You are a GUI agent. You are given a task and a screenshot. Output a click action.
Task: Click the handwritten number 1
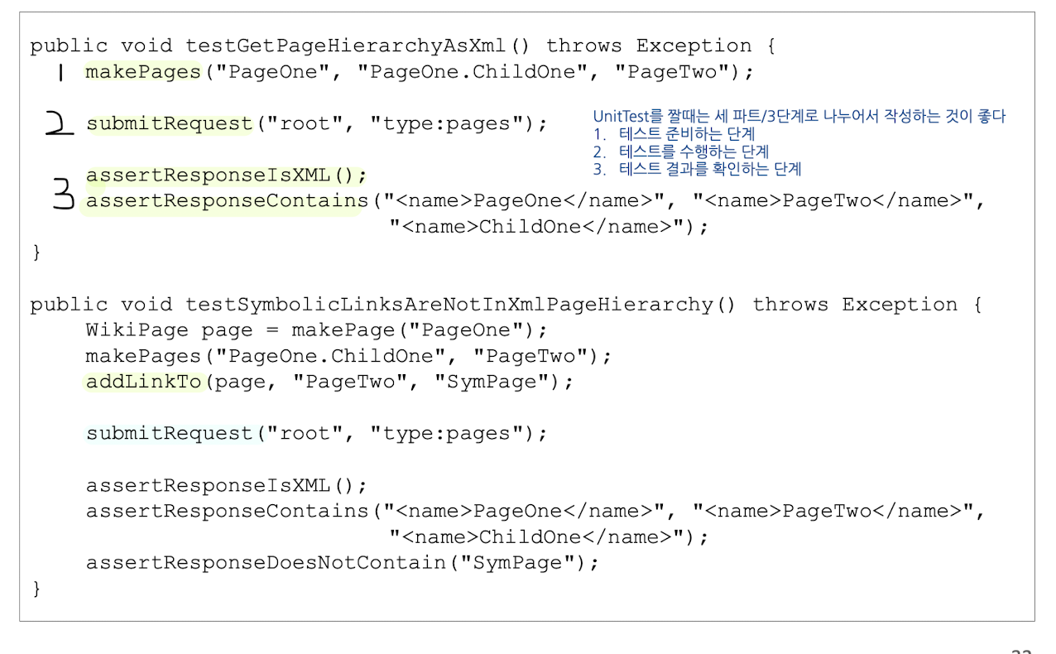[60, 73]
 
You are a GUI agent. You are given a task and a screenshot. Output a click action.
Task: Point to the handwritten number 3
[63, 196]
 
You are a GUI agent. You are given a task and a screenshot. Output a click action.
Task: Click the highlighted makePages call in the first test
[143, 72]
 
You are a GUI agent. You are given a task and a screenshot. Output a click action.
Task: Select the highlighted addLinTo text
[144, 382]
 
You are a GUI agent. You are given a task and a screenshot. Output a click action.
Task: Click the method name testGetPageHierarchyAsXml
[344, 46]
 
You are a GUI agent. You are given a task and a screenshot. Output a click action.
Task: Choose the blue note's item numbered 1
[674, 134]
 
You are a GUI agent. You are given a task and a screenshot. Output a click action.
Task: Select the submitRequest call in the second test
[170, 434]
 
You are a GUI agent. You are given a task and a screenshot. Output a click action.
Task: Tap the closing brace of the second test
[36, 589]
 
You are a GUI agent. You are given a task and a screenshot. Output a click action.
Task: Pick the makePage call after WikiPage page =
[348, 331]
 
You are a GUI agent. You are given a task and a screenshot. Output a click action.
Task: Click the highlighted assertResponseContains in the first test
[227, 201]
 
